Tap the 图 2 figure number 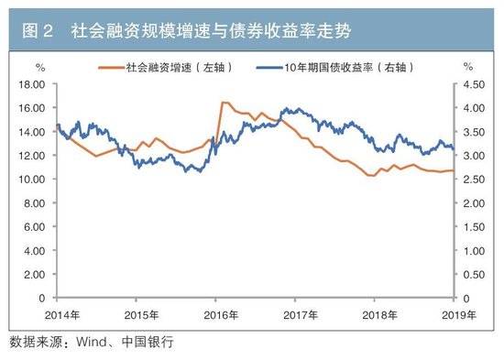(x=38, y=33)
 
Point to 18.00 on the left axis (x=32, y=83)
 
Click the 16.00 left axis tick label (x=32, y=107)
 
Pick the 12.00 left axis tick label (x=32, y=155)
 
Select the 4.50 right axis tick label (x=472, y=83)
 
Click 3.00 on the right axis (x=472, y=155)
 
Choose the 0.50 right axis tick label (x=472, y=274)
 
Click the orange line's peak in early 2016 (x=223, y=103)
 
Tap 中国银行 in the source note (x=147, y=343)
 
